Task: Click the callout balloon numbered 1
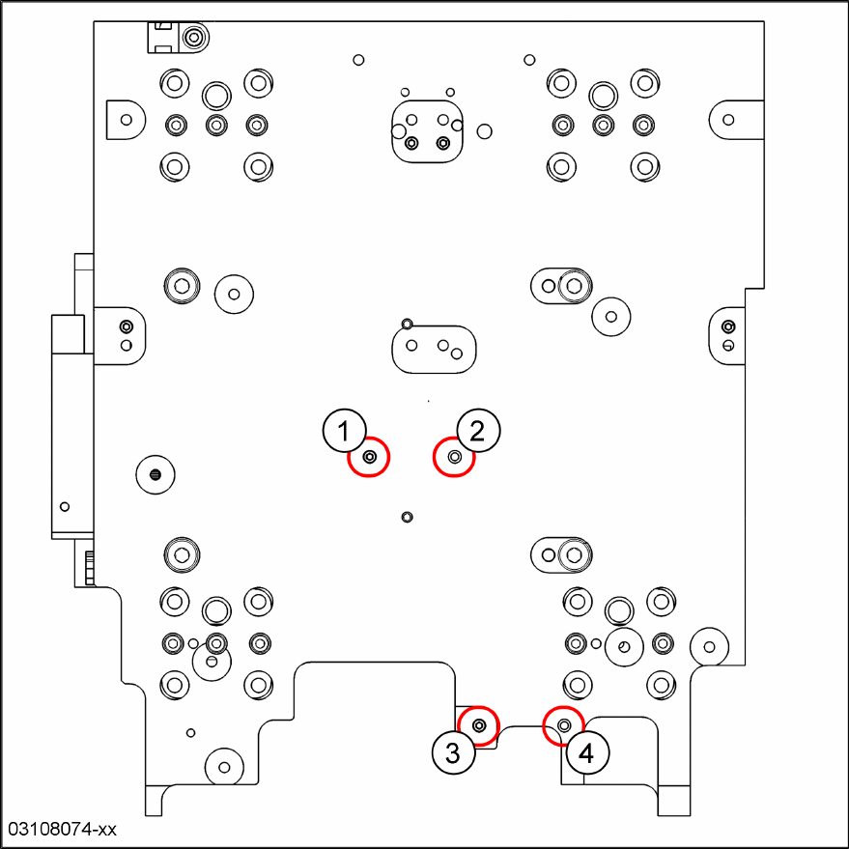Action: click(x=344, y=431)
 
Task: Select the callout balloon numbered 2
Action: click(x=479, y=431)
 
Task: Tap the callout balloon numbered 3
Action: click(x=454, y=751)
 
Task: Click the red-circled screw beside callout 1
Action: click(x=369, y=457)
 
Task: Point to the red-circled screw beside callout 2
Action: click(x=454, y=457)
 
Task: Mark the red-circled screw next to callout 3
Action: click(x=479, y=724)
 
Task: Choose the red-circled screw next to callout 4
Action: click(x=564, y=725)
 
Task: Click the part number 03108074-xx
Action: click(x=62, y=829)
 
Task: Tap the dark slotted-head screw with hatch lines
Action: click(x=156, y=473)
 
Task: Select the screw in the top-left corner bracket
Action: click(x=194, y=39)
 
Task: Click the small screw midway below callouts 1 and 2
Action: click(x=407, y=517)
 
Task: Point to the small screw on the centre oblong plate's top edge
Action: click(x=407, y=323)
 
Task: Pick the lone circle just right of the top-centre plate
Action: click(x=484, y=130)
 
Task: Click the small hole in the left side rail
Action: click(x=65, y=506)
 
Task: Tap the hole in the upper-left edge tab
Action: click(x=126, y=120)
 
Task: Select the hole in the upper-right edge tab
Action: click(x=728, y=120)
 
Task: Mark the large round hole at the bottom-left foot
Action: click(x=224, y=767)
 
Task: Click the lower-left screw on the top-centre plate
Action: click(x=412, y=143)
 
